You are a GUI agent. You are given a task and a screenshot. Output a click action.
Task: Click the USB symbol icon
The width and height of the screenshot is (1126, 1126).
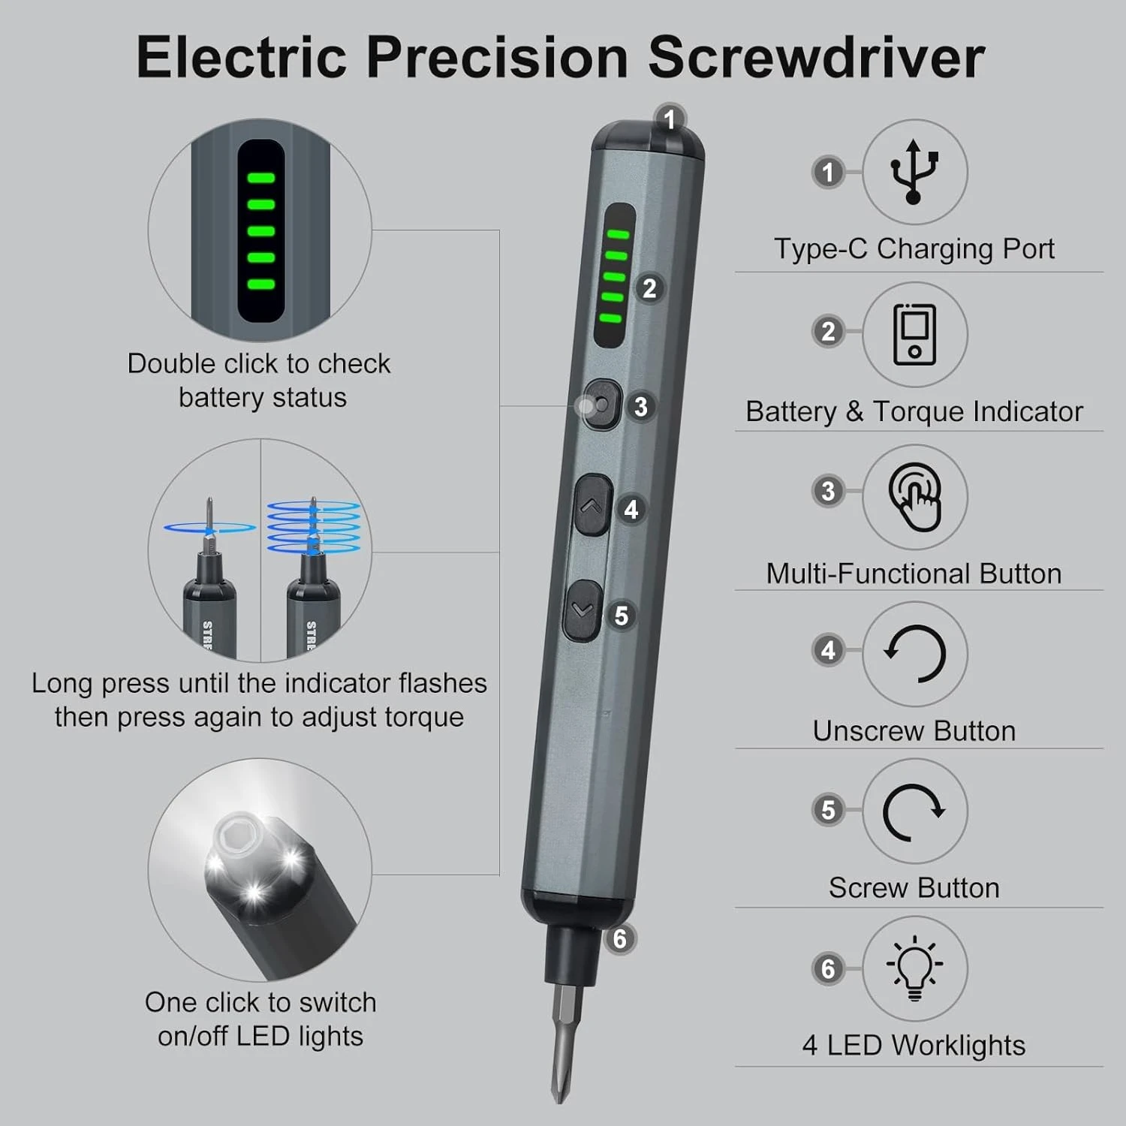(x=914, y=172)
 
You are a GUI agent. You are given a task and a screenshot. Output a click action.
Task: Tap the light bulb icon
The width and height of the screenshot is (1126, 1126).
(x=914, y=967)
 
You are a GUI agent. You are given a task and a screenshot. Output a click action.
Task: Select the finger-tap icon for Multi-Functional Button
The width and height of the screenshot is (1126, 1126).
(x=914, y=496)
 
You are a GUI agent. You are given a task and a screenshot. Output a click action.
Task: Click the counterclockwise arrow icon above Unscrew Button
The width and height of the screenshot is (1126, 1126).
(x=914, y=653)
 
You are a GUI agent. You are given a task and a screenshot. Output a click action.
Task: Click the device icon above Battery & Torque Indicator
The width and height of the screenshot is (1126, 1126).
(x=914, y=334)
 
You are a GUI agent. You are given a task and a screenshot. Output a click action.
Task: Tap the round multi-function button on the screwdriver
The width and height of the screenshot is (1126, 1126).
(x=601, y=405)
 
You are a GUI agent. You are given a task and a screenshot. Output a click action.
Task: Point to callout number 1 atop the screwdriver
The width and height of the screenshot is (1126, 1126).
(x=670, y=119)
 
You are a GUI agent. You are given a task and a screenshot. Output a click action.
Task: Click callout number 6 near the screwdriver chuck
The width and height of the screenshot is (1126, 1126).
(x=619, y=939)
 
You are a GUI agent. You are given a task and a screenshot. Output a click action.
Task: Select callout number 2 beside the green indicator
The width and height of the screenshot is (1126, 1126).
(x=649, y=288)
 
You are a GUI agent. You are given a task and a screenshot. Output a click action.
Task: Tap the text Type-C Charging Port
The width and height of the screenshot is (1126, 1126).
(x=914, y=248)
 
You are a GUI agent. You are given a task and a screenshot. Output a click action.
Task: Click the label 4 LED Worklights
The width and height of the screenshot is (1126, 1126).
(x=914, y=1045)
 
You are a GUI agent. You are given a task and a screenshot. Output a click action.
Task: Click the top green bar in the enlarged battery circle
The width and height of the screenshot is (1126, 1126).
(x=261, y=178)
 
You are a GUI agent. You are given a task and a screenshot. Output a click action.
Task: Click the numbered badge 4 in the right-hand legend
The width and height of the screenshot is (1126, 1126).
(x=828, y=650)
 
